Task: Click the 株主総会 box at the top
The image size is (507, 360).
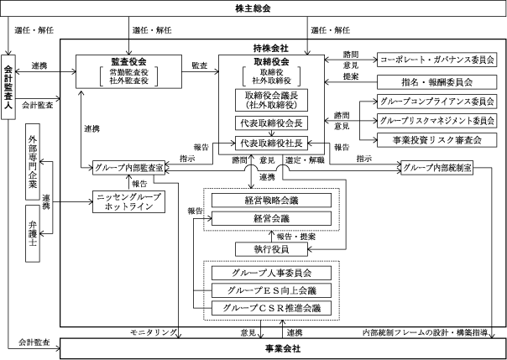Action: point(253,9)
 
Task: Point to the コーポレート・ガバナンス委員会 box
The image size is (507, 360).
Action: point(436,60)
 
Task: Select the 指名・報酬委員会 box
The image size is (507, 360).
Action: point(436,82)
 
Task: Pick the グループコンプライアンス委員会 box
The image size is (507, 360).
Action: point(436,102)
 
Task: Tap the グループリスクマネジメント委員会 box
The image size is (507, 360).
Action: point(436,120)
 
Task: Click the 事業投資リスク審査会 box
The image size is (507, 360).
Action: point(436,138)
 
